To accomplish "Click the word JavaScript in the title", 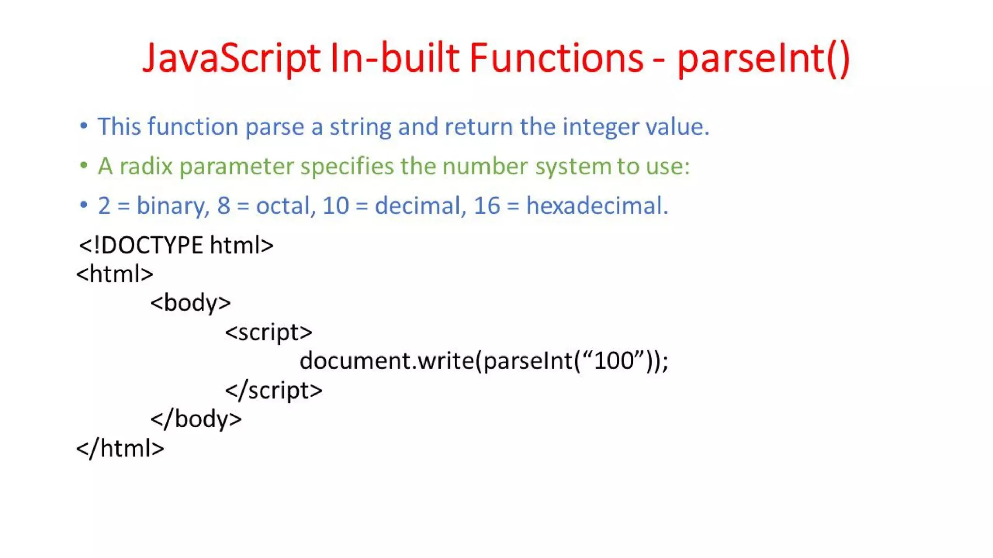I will [x=231, y=58].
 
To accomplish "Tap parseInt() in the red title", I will [x=763, y=58].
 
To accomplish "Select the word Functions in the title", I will [x=556, y=58].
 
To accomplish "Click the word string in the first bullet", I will [x=360, y=127].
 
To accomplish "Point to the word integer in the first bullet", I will [x=601, y=127].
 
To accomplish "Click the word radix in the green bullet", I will [x=146, y=167].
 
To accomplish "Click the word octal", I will [x=285, y=206].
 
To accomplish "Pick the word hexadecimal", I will [x=597, y=206].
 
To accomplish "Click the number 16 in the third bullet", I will [x=486, y=206].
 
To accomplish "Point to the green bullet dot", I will [x=84, y=166].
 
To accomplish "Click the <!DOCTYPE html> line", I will [x=176, y=245].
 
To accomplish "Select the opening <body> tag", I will [x=191, y=303].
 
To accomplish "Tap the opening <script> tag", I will [x=269, y=332].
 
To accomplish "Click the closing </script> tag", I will [x=273, y=390].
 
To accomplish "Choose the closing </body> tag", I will [x=196, y=419].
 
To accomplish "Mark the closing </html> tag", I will [x=120, y=449].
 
